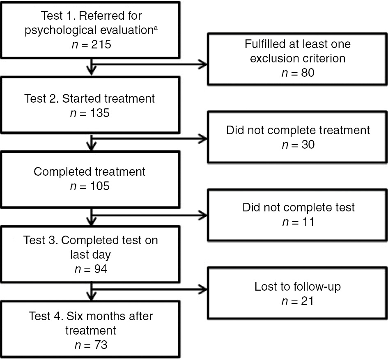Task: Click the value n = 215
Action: [90, 45]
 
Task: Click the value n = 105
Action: [90, 186]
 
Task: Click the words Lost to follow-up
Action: [298, 286]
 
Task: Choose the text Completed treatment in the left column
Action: [90, 171]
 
